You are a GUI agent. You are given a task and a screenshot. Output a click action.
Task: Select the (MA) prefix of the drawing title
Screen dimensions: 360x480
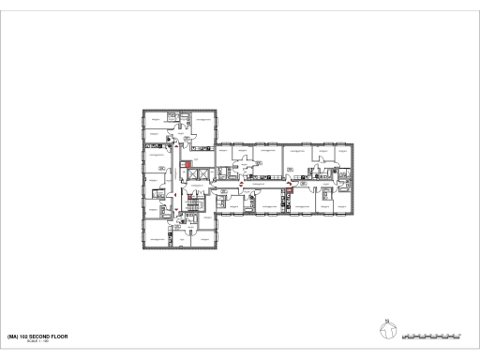pyautogui.click(x=11, y=336)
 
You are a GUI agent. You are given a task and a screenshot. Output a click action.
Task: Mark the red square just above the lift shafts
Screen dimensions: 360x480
pyautogui.click(x=187, y=165)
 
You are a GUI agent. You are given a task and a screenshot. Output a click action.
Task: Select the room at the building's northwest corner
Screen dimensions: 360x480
pyautogui.click(x=154, y=120)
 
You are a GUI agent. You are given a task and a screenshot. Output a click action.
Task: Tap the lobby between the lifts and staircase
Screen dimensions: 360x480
pyautogui.click(x=190, y=188)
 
